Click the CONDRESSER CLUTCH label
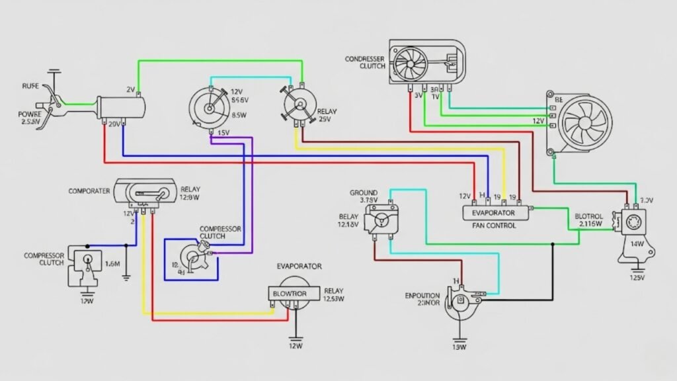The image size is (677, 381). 364,62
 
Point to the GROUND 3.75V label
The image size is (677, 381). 364,196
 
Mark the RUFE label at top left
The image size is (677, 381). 29,86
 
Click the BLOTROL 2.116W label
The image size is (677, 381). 588,220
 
